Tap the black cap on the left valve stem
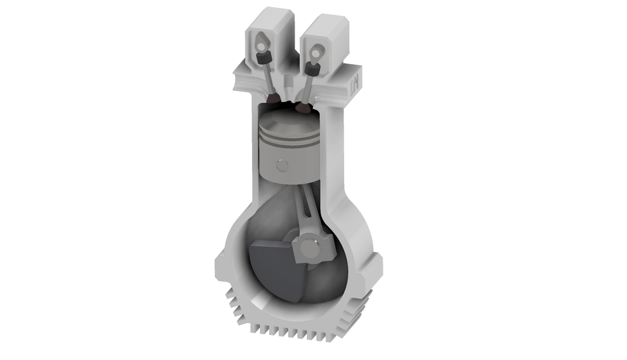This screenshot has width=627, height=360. pyautogui.click(x=264, y=59)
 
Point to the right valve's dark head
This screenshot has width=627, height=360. pyautogui.click(x=303, y=105)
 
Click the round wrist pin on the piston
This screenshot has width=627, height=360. pyautogui.click(x=281, y=163)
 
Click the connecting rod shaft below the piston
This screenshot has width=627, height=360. pyautogui.click(x=304, y=209)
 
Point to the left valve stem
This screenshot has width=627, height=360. pyautogui.click(x=269, y=78)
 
